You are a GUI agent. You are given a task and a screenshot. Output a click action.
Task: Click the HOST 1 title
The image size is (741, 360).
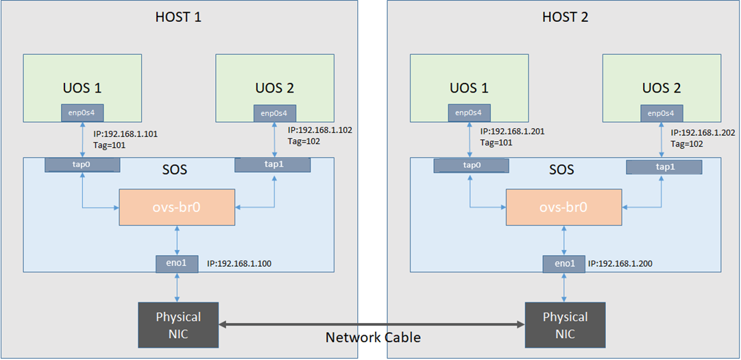(179, 16)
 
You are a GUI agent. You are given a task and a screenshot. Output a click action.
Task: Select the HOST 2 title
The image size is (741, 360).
(565, 16)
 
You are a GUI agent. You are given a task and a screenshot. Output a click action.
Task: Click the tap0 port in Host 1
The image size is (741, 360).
(82, 165)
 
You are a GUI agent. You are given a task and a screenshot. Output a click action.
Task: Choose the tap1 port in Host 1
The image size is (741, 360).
(272, 165)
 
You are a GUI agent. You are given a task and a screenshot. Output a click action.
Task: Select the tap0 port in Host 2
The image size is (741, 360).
(472, 165)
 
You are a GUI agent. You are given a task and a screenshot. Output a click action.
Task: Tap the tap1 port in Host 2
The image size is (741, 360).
(664, 167)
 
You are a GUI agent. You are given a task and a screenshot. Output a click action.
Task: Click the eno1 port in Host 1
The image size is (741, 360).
(178, 262)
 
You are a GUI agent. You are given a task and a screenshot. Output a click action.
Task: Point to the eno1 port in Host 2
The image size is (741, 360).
(563, 263)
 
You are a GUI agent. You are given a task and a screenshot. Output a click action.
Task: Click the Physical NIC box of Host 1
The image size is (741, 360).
(178, 325)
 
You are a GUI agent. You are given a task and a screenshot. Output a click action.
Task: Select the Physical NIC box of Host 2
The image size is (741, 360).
(565, 325)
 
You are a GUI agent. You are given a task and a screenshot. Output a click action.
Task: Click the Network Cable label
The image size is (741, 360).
(373, 337)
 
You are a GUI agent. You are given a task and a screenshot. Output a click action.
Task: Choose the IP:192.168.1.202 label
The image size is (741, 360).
(704, 132)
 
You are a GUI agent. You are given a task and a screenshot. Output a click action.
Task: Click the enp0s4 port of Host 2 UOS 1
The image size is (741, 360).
(470, 112)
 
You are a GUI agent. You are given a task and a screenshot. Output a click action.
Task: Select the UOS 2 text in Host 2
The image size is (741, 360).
(661, 88)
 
